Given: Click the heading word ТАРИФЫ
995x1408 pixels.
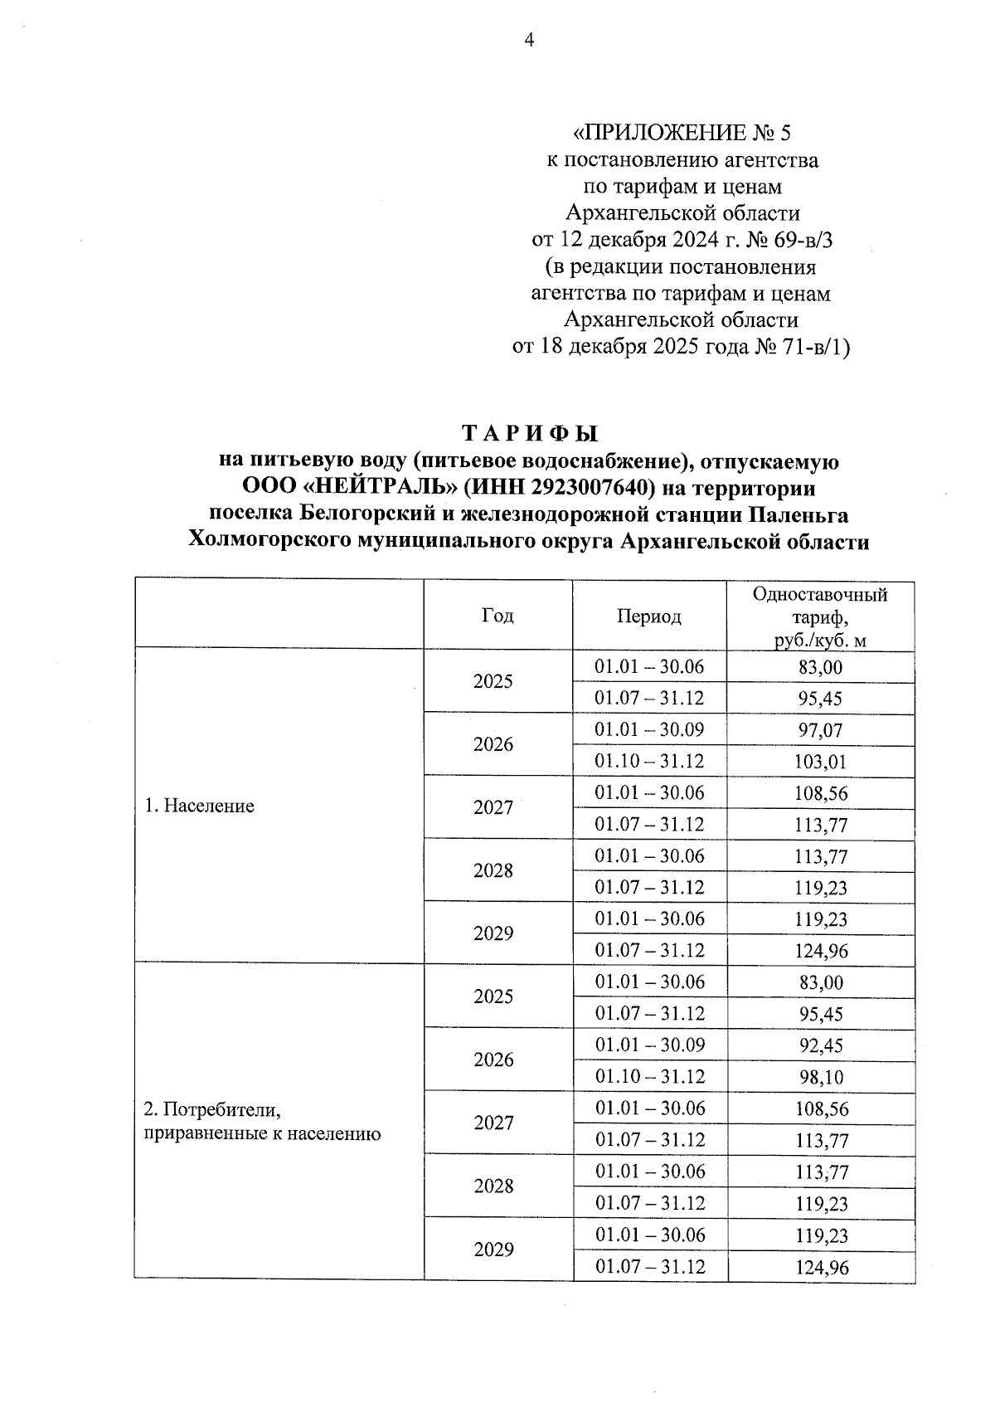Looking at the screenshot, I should point(529,434).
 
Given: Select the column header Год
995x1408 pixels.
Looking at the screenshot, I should point(498,615).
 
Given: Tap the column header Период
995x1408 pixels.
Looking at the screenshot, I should point(648,616).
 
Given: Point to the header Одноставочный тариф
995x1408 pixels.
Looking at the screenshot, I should point(819,616).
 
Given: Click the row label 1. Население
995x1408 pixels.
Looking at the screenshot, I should point(199,806).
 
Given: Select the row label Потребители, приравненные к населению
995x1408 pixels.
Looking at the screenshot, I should point(262,1121).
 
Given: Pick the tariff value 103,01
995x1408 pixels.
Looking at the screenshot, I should point(820,762).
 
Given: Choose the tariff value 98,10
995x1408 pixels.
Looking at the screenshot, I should point(821,1077).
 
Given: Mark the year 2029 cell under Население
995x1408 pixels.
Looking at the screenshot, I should point(493,933).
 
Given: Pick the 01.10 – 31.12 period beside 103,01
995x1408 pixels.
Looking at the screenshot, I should point(649,761).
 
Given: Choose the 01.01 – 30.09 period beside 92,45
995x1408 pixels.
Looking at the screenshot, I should point(649,1045).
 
